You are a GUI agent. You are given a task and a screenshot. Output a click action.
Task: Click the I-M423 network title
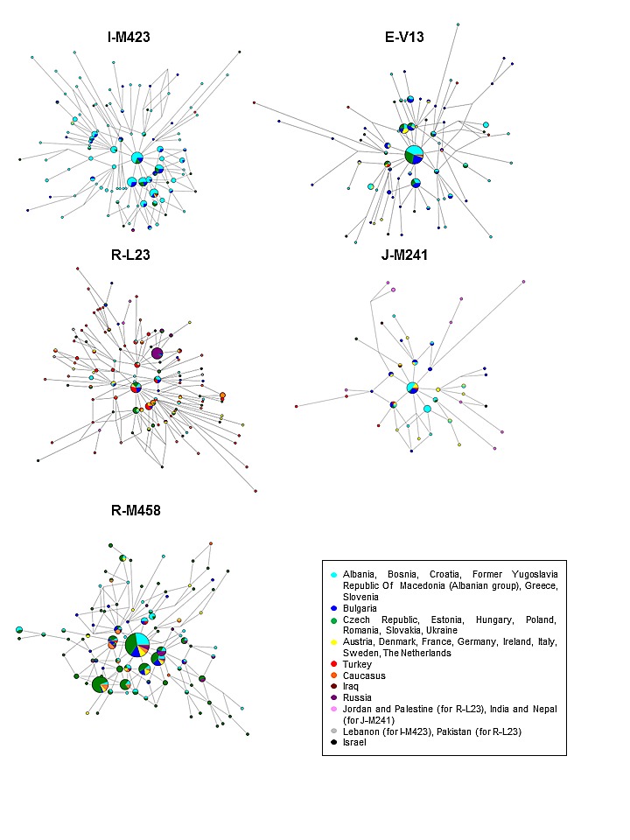point(129,37)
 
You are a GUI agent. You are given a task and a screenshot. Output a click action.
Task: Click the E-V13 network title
point(404,37)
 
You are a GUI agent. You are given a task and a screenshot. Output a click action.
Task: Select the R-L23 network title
point(130,255)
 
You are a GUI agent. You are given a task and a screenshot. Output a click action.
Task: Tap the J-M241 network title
point(404,255)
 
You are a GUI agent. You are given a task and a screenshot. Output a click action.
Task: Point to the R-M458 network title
point(136,510)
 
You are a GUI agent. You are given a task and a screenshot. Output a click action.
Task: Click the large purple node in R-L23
point(157,353)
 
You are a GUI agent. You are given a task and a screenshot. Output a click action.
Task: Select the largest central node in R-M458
point(137,645)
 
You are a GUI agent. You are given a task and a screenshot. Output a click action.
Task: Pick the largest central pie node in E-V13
point(414,155)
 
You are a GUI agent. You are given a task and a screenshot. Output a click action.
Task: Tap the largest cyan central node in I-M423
point(137,158)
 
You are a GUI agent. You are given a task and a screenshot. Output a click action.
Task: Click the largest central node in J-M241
point(412,388)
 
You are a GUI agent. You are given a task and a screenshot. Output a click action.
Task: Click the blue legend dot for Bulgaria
point(334,609)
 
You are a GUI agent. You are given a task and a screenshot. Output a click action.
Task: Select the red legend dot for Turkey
point(334,664)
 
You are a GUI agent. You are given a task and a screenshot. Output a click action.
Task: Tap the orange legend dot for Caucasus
point(334,675)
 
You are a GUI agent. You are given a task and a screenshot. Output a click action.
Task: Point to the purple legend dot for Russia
point(334,697)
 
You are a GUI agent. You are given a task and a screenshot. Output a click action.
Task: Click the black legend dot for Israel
point(334,743)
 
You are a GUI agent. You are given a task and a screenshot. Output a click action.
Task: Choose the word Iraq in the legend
point(351,687)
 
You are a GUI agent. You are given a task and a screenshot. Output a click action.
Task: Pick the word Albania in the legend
point(360,574)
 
